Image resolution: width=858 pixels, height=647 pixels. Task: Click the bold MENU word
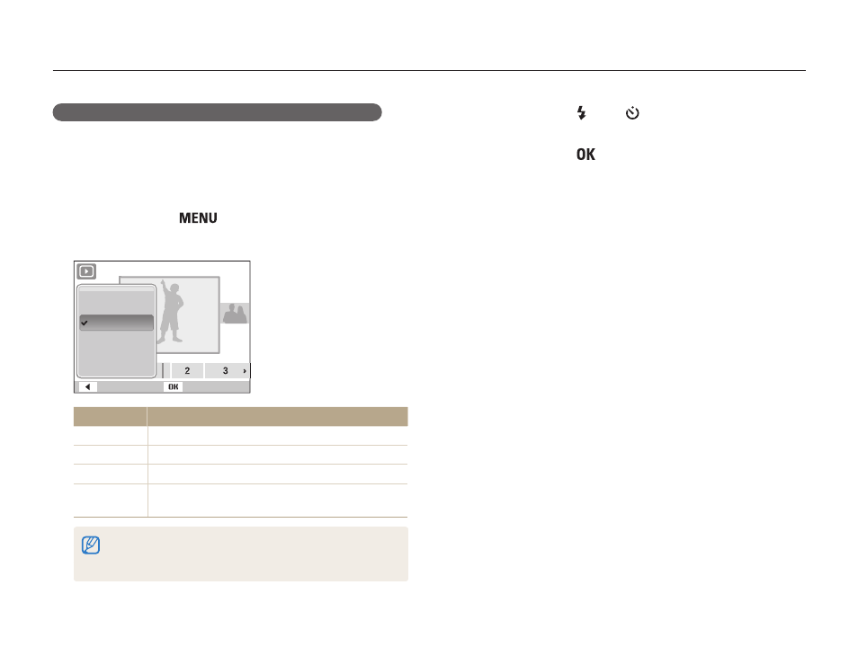[x=198, y=218]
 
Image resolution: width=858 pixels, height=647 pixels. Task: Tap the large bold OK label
[x=585, y=155]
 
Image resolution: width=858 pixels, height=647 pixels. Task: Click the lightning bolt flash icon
[x=582, y=113]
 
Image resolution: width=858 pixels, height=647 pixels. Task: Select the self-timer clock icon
[x=632, y=112]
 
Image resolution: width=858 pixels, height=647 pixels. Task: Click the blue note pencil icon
[x=91, y=545]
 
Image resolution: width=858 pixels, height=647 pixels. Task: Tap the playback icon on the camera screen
[x=86, y=271]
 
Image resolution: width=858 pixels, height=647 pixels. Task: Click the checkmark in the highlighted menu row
[x=85, y=323]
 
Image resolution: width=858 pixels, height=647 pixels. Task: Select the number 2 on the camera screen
[x=187, y=371]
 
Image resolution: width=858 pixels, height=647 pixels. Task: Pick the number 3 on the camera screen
[x=226, y=371]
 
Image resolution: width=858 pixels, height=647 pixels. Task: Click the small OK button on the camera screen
[x=173, y=386]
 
